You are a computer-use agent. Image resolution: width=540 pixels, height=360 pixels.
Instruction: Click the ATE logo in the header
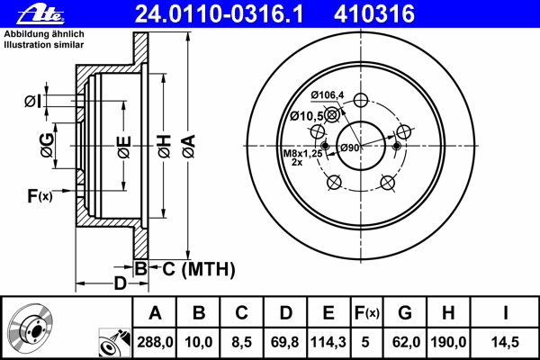(40, 14)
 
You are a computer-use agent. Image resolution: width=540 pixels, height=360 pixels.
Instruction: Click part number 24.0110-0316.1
(219, 13)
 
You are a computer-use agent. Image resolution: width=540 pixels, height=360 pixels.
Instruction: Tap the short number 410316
(374, 13)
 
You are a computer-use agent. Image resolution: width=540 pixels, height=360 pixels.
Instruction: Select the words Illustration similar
(44, 45)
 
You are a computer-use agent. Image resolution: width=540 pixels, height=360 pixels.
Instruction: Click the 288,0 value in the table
(155, 342)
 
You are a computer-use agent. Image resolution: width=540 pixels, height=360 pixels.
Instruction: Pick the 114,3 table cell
(328, 342)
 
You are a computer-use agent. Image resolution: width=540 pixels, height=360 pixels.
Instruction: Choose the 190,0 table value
(448, 342)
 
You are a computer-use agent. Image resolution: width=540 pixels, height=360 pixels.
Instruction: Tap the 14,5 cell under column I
(505, 342)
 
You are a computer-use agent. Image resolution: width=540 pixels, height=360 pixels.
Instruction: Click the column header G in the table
(405, 313)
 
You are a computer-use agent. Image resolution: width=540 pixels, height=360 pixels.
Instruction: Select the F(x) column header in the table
(367, 313)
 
